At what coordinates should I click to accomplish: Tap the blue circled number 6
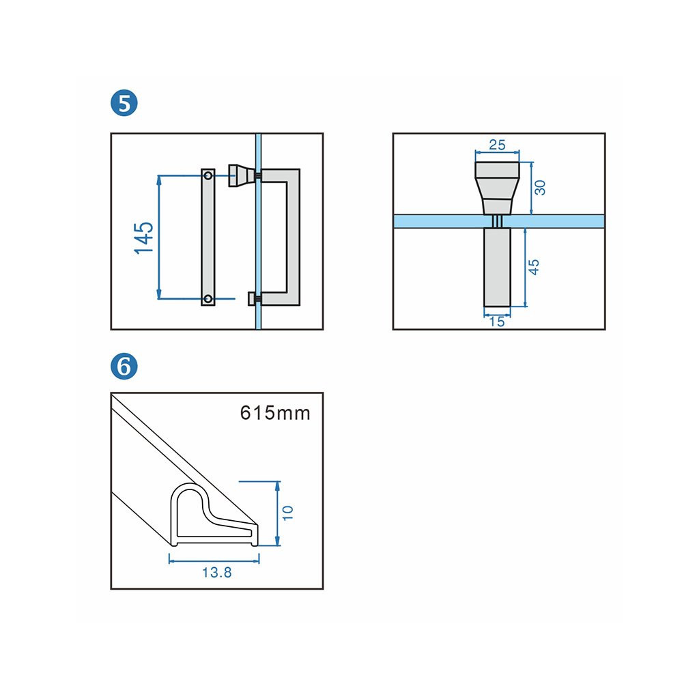(124, 367)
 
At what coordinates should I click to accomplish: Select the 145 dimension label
(144, 238)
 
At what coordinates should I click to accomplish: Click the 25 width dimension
(498, 145)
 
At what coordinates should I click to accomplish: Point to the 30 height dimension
(540, 187)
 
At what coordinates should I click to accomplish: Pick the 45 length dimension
(534, 267)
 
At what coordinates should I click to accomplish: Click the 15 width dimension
(498, 322)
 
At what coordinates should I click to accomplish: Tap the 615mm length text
(275, 413)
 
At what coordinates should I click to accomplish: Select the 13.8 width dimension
(216, 573)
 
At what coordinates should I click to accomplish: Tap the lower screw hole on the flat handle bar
(208, 298)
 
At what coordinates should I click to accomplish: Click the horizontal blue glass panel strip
(437, 221)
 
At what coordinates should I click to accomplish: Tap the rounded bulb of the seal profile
(189, 502)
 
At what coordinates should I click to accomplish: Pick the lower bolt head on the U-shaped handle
(253, 298)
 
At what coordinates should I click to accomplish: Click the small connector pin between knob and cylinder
(498, 221)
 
